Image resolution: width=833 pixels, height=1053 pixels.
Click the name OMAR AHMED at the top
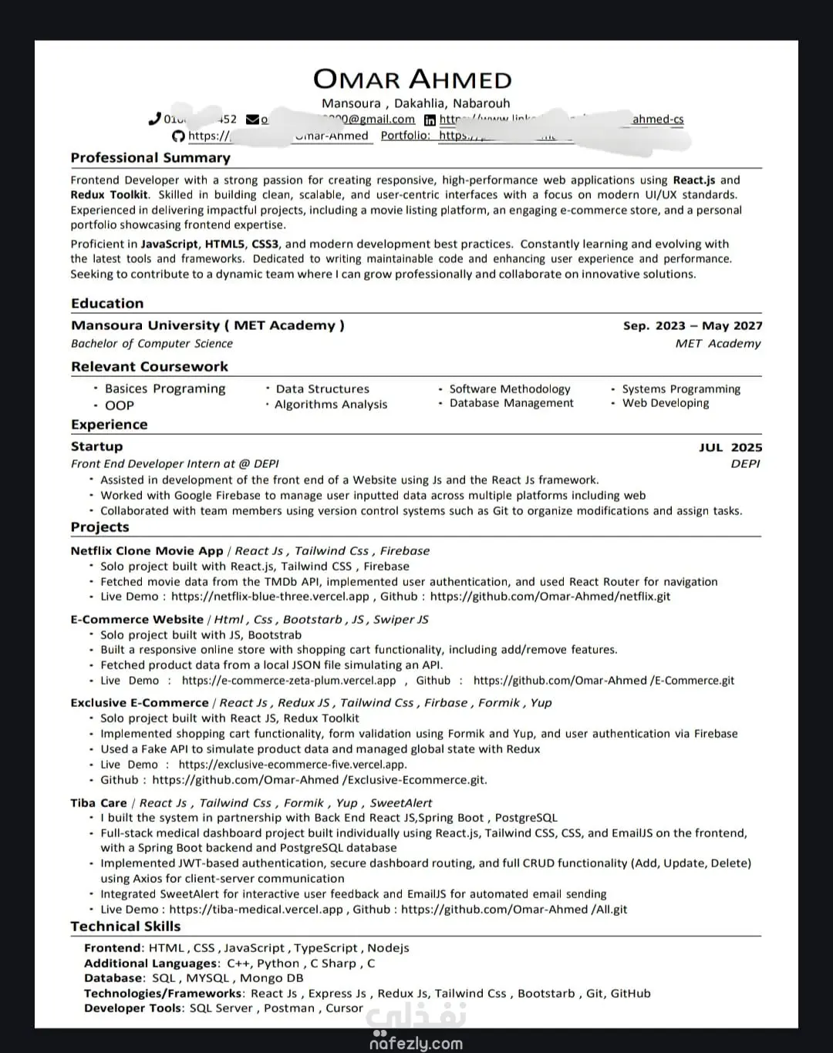412,79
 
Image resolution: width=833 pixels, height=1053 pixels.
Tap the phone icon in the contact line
154,119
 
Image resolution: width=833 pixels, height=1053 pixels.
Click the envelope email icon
252,119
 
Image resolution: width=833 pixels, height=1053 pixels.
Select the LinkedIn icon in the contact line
430,119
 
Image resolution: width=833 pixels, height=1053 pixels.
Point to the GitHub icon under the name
178,136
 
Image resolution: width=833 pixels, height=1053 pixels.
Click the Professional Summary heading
150,158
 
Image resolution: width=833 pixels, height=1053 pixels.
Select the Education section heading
107,304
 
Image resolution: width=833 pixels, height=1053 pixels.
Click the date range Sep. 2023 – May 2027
693,326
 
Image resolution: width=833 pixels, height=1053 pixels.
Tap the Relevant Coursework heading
150,367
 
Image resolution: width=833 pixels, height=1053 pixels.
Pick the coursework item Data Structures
322,389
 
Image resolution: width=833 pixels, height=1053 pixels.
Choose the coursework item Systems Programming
681,389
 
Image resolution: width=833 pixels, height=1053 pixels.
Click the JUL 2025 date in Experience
730,448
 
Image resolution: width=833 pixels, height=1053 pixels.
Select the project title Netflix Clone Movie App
147,551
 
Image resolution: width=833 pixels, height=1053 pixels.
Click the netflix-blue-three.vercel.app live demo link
270,597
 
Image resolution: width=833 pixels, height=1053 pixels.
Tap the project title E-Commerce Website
137,620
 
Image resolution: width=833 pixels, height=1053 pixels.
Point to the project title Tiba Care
99,803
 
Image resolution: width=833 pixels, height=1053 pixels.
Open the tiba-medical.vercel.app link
256,910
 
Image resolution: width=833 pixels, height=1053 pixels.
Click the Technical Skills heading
126,927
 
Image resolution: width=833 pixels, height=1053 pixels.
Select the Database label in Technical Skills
113,978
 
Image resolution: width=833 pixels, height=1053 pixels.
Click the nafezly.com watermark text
416,1044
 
